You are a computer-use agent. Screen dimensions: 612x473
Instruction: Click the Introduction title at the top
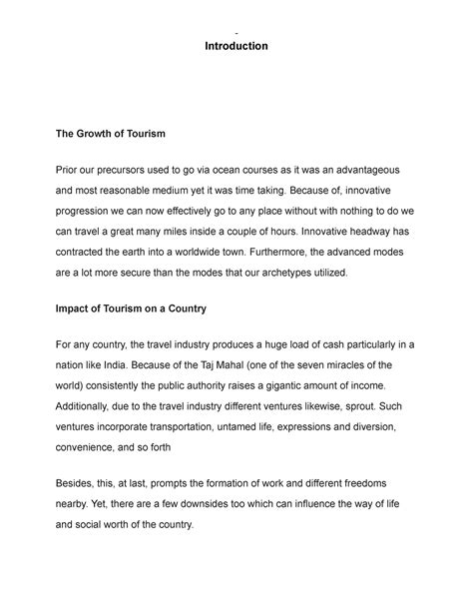click(236, 46)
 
